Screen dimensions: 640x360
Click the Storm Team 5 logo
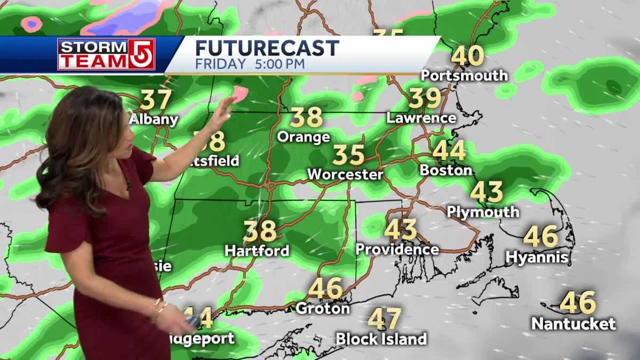pyautogui.click(x=106, y=54)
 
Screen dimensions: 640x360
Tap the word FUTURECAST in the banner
pyautogui.click(x=267, y=48)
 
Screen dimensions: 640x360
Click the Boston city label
pyautogui.click(x=446, y=171)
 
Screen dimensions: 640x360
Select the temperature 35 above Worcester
pyautogui.click(x=348, y=155)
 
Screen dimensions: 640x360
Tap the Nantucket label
pyautogui.click(x=573, y=323)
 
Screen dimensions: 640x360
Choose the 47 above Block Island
pyautogui.click(x=384, y=319)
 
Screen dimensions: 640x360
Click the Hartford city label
pyautogui.click(x=257, y=250)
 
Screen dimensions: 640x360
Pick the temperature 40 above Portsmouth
pyautogui.click(x=468, y=56)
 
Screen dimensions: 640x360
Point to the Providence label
pyautogui.click(x=397, y=249)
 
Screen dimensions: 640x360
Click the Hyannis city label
pyautogui.click(x=537, y=258)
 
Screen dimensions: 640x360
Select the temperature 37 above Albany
pyautogui.click(x=156, y=100)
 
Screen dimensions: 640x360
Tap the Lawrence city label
pyautogui.click(x=421, y=118)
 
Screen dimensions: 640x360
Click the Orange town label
pyautogui.click(x=303, y=137)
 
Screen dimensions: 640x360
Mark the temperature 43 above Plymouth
pyautogui.click(x=486, y=192)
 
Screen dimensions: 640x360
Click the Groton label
pyautogui.click(x=323, y=308)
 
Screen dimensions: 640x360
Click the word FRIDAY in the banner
pyautogui.click(x=220, y=65)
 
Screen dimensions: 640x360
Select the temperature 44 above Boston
pyautogui.click(x=449, y=151)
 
